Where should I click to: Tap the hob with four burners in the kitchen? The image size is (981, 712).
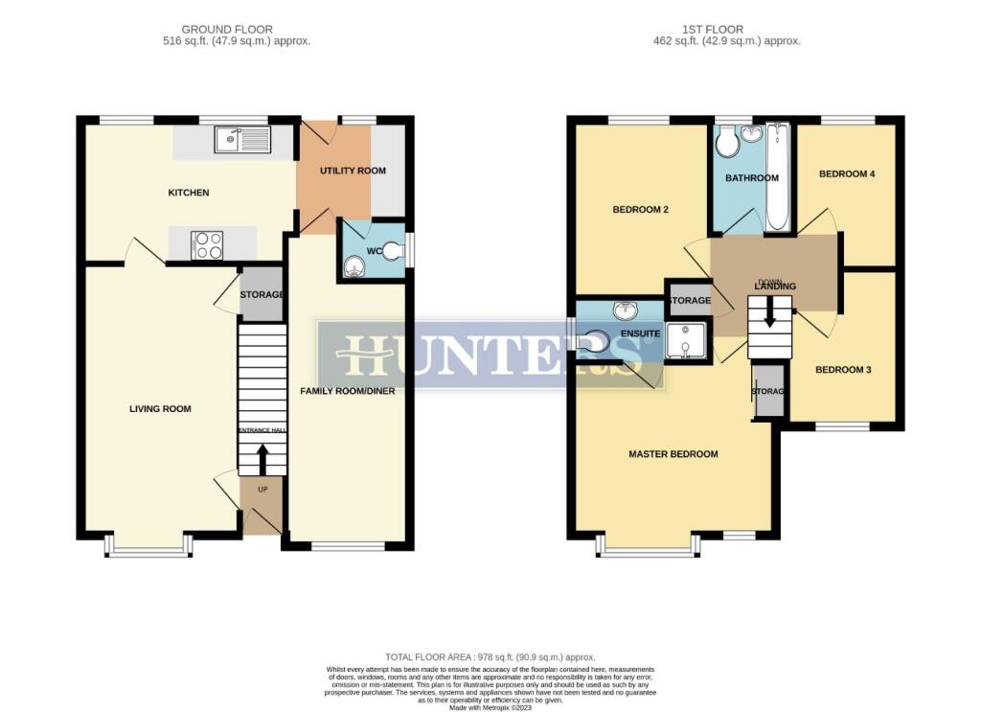tap(209, 245)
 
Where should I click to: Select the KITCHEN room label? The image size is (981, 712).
tap(189, 193)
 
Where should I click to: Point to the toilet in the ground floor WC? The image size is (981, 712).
tap(392, 252)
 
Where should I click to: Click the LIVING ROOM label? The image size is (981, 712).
tap(160, 409)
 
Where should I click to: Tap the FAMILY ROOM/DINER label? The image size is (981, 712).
tap(347, 391)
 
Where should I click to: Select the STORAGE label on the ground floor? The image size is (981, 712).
tap(262, 294)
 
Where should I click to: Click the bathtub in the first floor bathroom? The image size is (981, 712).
tap(776, 177)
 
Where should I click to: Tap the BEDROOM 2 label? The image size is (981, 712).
tap(640, 210)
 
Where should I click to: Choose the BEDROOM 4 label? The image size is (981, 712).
tap(847, 174)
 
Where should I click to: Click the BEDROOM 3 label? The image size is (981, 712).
tap(842, 369)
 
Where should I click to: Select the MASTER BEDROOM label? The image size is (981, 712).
tap(673, 454)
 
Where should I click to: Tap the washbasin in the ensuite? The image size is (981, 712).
tap(626, 310)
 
